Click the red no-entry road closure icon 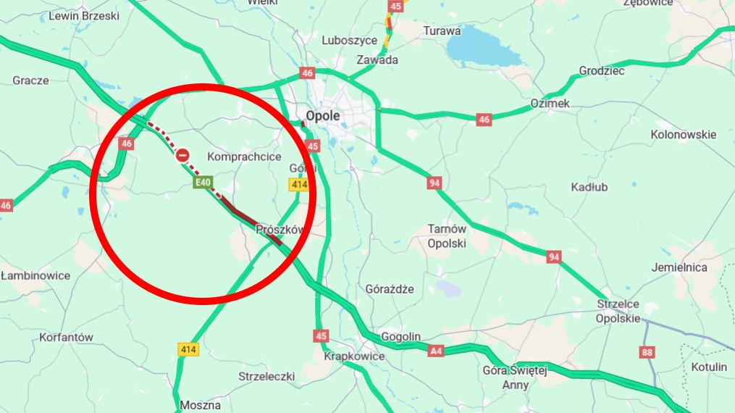coord(183,154)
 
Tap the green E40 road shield coord(202,184)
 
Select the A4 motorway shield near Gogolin coord(435,351)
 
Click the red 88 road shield coord(647,352)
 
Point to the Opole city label coord(323,116)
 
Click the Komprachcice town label coord(244,157)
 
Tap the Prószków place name coord(280,230)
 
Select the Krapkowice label coord(354,356)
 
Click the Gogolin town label coord(400,337)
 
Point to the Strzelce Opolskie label coord(618,311)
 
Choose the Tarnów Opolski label coord(447,236)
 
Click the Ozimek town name coord(550,104)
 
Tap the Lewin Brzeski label coord(84,15)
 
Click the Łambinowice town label coord(35,275)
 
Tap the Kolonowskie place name coord(683,134)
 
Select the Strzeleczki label coord(266,376)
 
